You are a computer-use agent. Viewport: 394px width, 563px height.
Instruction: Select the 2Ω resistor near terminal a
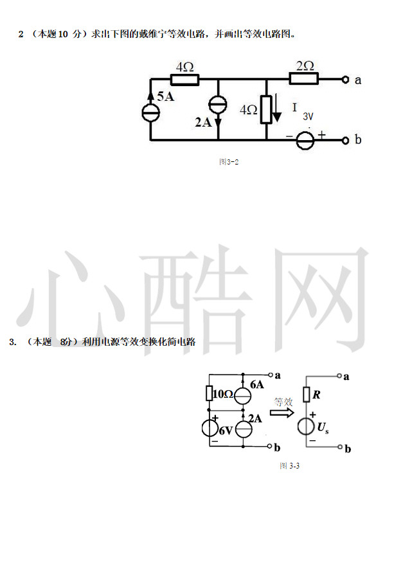coord(303,79)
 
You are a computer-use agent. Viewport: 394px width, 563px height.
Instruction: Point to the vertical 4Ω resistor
coord(265,110)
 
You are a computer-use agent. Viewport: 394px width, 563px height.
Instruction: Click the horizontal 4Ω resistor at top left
coord(184,80)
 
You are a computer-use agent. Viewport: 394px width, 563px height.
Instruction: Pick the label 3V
coord(308,116)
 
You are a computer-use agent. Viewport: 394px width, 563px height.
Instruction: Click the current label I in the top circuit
coord(294,107)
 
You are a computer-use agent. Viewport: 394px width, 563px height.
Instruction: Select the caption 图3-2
coord(229,162)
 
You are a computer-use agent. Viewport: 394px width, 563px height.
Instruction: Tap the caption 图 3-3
coord(290,465)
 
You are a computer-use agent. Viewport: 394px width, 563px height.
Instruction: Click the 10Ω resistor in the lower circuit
coord(209,393)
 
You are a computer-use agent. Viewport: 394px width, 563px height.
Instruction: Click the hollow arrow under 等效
coord(281,413)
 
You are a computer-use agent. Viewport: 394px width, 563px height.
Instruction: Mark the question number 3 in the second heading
coord(12,342)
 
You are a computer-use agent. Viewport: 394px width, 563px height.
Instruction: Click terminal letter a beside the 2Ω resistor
coord(358,80)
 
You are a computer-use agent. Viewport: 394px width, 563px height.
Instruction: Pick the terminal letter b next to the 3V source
coord(358,139)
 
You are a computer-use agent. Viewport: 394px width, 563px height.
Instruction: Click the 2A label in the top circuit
coord(203,122)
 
